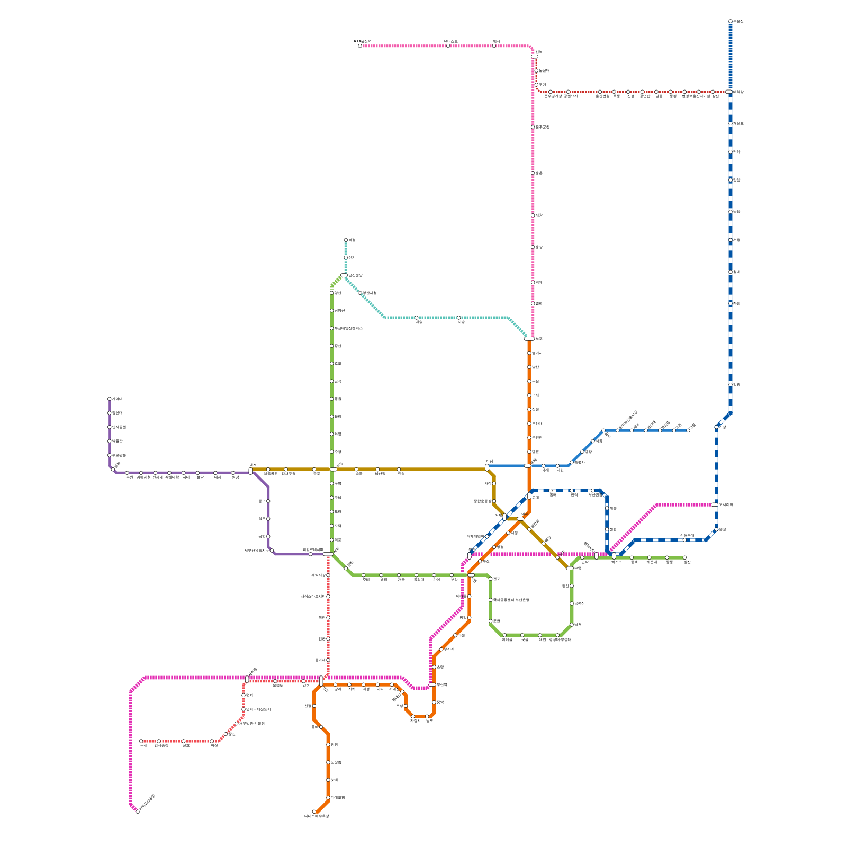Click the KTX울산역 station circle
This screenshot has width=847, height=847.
[x=360, y=46]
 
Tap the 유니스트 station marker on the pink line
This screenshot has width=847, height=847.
[x=448, y=46]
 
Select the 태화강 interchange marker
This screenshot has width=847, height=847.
[x=729, y=92]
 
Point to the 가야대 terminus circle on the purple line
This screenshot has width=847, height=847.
[x=110, y=399]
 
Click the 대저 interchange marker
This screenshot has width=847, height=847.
[x=250, y=471]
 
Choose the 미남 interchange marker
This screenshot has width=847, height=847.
[x=487, y=467]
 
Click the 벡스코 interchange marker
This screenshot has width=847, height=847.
[x=614, y=555]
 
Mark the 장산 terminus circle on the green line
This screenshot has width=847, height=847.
[x=684, y=557]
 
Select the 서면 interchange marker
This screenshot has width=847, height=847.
[x=471, y=575]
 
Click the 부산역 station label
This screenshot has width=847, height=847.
[x=442, y=684]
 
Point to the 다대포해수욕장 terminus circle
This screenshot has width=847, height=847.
[x=314, y=812]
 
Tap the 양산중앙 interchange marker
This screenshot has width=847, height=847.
[x=344, y=275]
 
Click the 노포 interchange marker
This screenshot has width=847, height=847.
[x=529, y=339]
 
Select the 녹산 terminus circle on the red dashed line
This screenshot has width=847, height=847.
[x=141, y=741]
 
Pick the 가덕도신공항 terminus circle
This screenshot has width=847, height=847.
[x=138, y=812]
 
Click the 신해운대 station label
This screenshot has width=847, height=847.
[x=687, y=535]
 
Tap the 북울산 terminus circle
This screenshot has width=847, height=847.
[x=731, y=21]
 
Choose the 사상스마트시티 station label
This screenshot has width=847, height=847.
[x=313, y=597]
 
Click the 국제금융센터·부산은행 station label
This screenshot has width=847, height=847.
[x=511, y=600]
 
